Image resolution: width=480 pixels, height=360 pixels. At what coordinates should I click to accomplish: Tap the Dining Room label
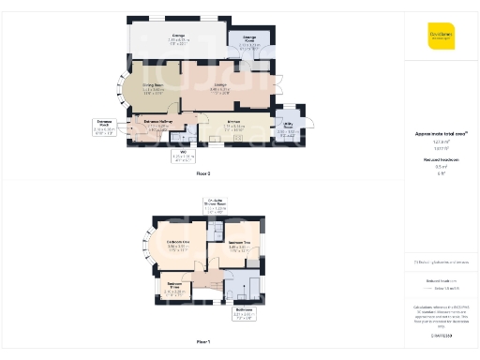tap(153, 88)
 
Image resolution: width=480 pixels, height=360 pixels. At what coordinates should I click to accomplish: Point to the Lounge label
tap(221, 87)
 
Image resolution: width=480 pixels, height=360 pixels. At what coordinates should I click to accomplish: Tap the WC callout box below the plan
tap(187, 156)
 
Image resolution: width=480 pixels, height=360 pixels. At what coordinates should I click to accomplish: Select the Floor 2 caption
tap(203, 174)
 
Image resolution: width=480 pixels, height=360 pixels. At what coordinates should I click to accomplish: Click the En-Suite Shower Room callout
tap(216, 206)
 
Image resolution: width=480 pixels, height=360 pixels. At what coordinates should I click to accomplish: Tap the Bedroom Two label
tap(241, 246)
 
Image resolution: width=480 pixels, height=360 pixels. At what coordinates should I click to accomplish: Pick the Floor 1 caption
tap(203, 342)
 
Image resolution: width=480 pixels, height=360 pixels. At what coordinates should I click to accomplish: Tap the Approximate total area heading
tap(441, 134)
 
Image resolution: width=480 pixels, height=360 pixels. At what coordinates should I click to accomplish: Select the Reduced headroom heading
tap(441, 160)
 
